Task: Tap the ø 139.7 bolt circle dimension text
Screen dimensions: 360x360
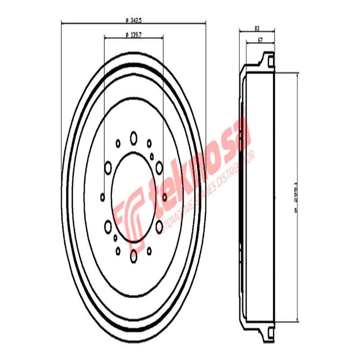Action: click(133, 35)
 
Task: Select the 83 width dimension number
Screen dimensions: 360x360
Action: click(256, 28)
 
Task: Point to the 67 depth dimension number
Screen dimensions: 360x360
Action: click(260, 40)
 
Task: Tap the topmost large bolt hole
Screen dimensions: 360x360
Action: click(133, 138)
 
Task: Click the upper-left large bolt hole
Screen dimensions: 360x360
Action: click(108, 168)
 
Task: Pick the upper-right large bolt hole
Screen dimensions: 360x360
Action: click(159, 168)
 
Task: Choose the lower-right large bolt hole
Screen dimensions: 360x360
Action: click(159, 227)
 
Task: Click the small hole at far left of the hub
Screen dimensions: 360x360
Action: click(103, 197)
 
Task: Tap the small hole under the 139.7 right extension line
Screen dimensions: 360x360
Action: click(164, 197)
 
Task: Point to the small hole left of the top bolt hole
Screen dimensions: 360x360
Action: click(118, 144)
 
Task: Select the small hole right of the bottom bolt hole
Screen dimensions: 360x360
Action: click(149, 250)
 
